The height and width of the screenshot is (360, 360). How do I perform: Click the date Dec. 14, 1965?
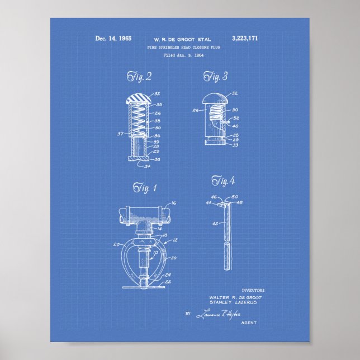click(x=113, y=39)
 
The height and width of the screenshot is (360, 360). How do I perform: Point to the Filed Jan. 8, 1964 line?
click(x=180, y=55)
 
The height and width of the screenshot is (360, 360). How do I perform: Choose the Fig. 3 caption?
click(x=216, y=77)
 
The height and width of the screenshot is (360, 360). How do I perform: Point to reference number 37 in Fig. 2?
click(x=121, y=134)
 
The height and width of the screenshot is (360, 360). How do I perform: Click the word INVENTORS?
click(x=253, y=291)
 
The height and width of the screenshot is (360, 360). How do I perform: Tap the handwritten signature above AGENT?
click(x=217, y=315)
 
